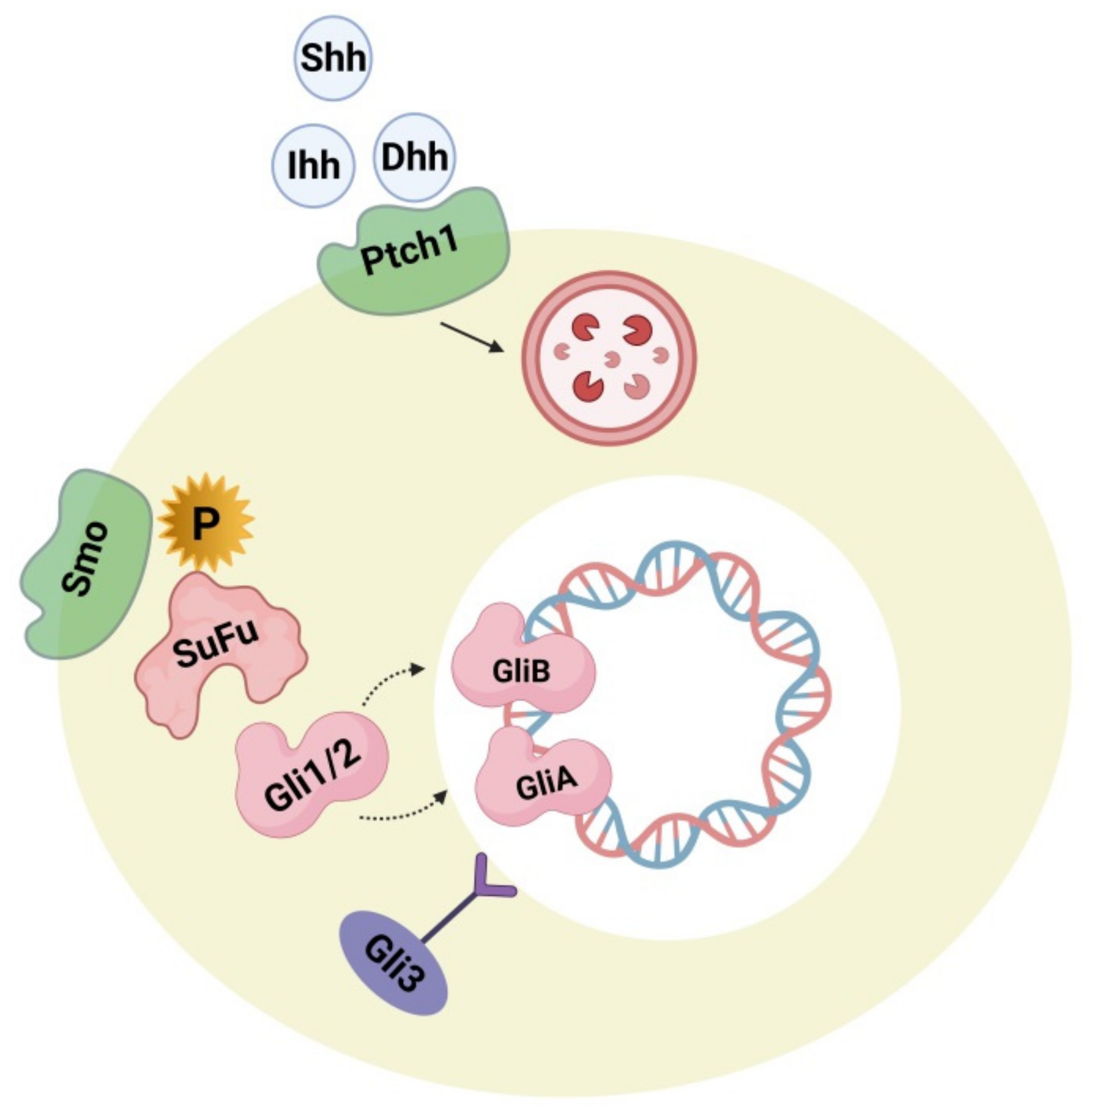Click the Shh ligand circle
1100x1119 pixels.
coord(333,58)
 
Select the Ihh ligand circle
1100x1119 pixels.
coord(313,165)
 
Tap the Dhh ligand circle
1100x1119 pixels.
coord(415,157)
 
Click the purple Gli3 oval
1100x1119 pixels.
coord(394,963)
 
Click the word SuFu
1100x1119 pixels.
coord(215,642)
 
